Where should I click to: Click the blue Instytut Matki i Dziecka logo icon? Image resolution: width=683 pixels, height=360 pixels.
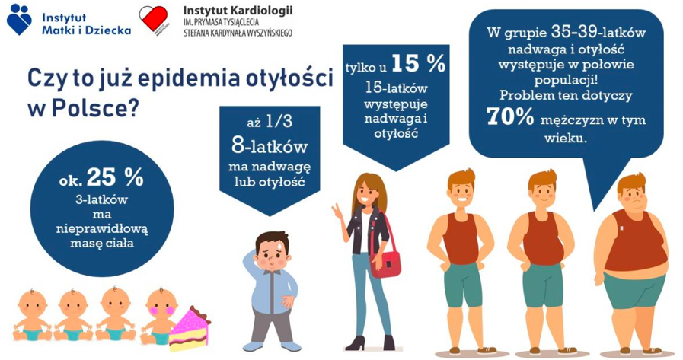tap(19, 19)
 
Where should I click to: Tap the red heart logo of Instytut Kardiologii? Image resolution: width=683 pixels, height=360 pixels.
tap(153, 19)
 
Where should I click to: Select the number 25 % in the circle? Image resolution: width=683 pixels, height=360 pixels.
tap(115, 177)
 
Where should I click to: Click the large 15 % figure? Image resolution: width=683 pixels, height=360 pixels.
tap(419, 64)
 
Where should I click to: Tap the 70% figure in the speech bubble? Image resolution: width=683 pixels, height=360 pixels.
tap(509, 116)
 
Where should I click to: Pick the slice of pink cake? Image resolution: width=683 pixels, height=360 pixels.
tap(190, 329)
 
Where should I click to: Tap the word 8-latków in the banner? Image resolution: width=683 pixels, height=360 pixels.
tap(270, 146)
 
